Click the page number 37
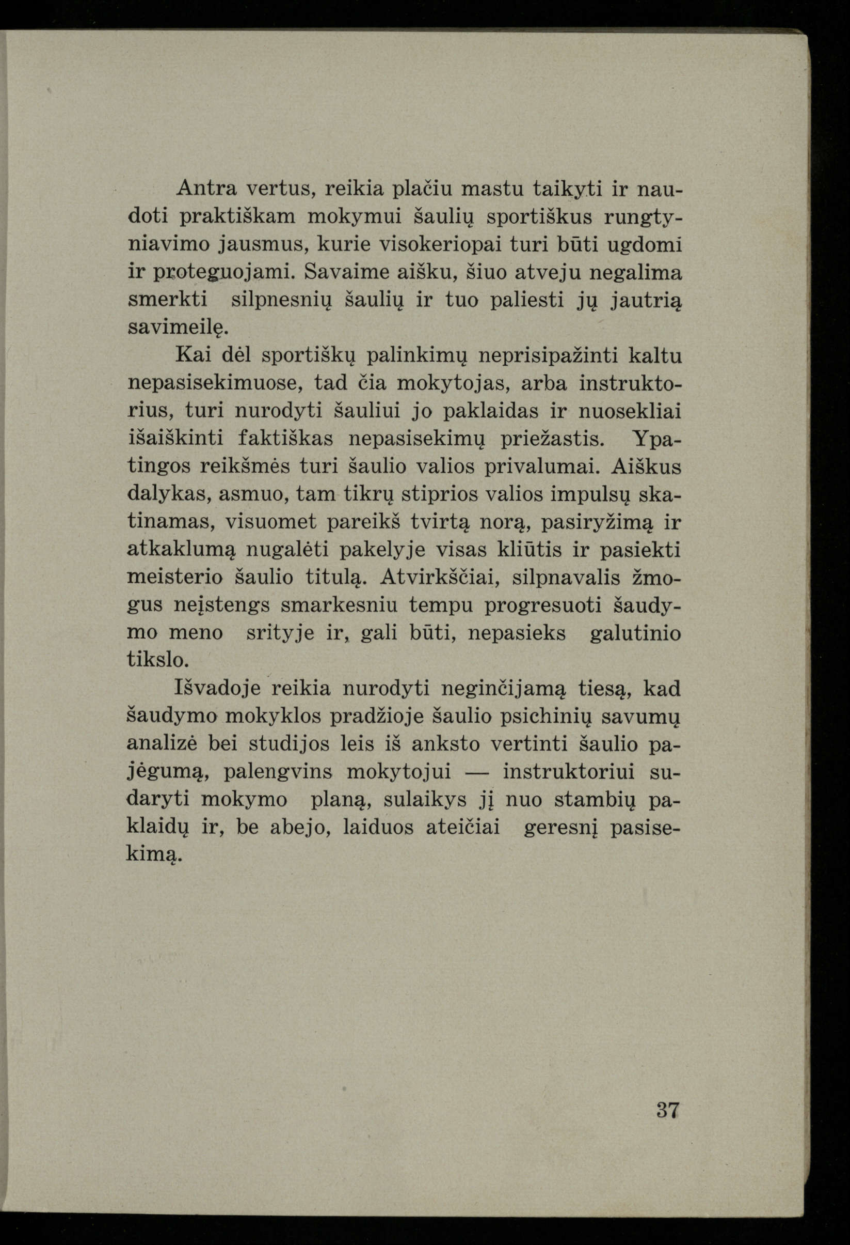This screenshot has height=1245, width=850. [x=667, y=1106]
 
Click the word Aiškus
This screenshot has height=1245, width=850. [x=646, y=466]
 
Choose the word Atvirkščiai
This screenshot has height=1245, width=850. [x=442, y=578]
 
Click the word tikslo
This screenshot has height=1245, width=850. [x=158, y=660]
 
